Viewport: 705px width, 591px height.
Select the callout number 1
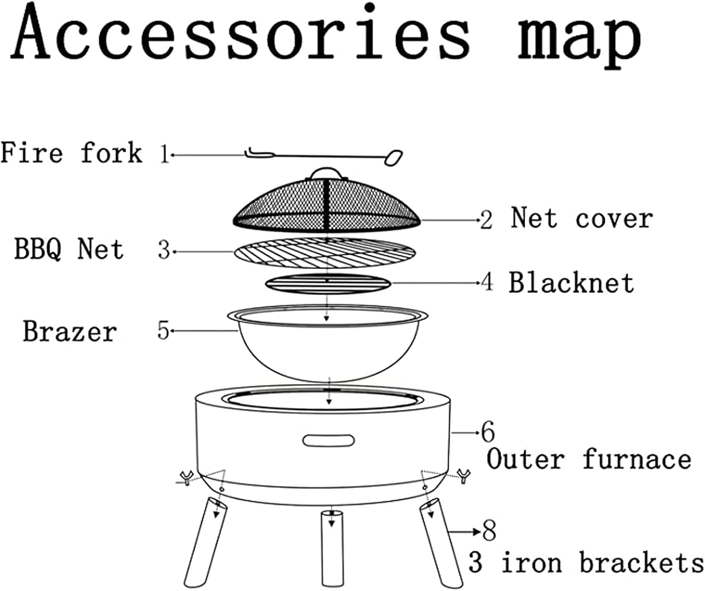(x=164, y=154)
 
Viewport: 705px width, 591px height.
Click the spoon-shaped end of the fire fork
(x=393, y=158)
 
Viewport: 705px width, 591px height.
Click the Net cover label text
(x=582, y=219)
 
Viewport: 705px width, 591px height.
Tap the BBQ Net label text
(x=69, y=249)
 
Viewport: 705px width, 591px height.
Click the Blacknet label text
(x=571, y=283)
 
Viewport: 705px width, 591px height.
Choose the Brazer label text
(x=70, y=331)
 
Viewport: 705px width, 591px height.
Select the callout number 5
(x=163, y=331)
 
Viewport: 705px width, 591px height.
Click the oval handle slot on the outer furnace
(x=329, y=441)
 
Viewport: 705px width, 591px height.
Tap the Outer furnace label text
(x=588, y=459)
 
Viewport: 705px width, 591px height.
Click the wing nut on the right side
(x=464, y=476)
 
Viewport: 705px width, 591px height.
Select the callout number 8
(x=489, y=531)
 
